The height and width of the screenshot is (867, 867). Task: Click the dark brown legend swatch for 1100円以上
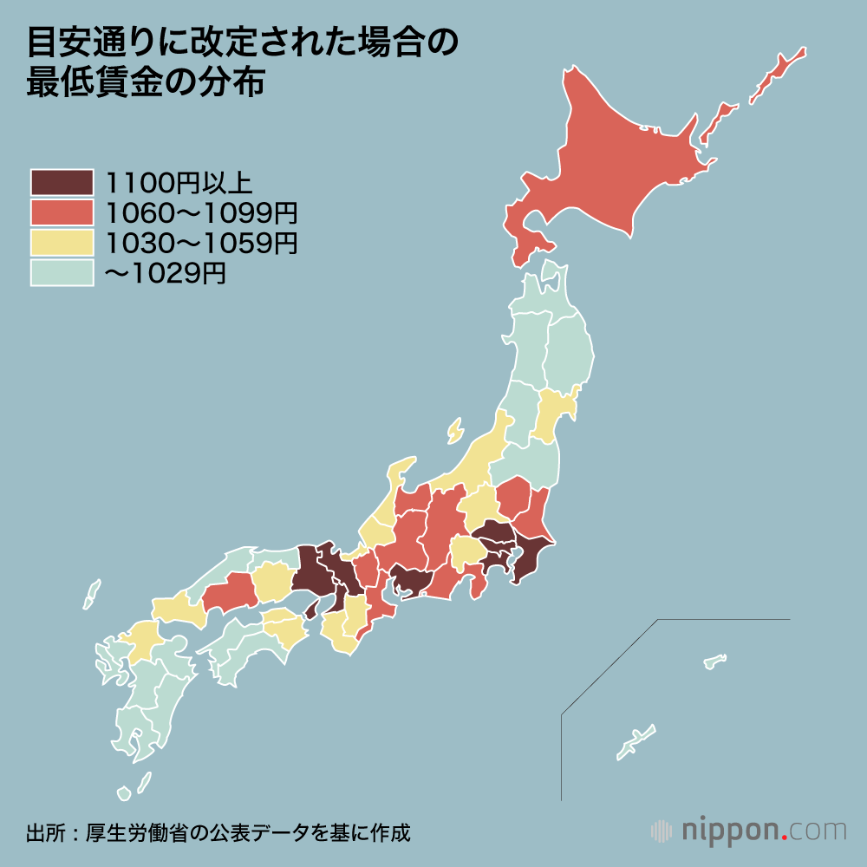pos(61,182)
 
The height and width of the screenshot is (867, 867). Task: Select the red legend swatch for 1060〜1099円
pos(61,212)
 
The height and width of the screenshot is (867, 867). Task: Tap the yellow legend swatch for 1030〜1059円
pos(61,243)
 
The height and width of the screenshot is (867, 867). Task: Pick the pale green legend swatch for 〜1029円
pos(61,273)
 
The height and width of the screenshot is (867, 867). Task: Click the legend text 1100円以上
pos(179,183)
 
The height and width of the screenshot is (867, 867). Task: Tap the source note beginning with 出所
pos(218,833)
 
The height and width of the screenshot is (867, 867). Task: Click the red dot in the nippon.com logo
pos(786,838)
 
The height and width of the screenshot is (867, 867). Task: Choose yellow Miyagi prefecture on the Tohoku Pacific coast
pos(551,414)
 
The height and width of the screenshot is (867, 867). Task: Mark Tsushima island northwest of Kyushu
pos(91,595)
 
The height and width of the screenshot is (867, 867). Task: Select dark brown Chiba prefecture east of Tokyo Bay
pos(531,559)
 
